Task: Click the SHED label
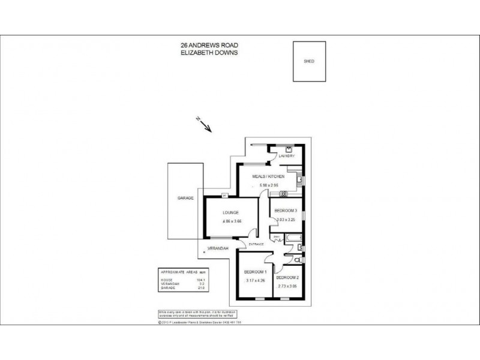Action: click(309, 62)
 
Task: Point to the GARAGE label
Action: click(185, 198)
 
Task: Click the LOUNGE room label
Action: click(230, 212)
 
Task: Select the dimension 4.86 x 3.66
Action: click(230, 221)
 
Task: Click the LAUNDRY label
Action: click(286, 156)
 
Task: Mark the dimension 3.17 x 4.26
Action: click(256, 280)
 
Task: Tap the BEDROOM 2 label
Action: click(287, 278)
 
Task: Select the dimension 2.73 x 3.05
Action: click(287, 287)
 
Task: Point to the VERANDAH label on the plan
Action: click(217, 248)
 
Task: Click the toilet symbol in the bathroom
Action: click(298, 259)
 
